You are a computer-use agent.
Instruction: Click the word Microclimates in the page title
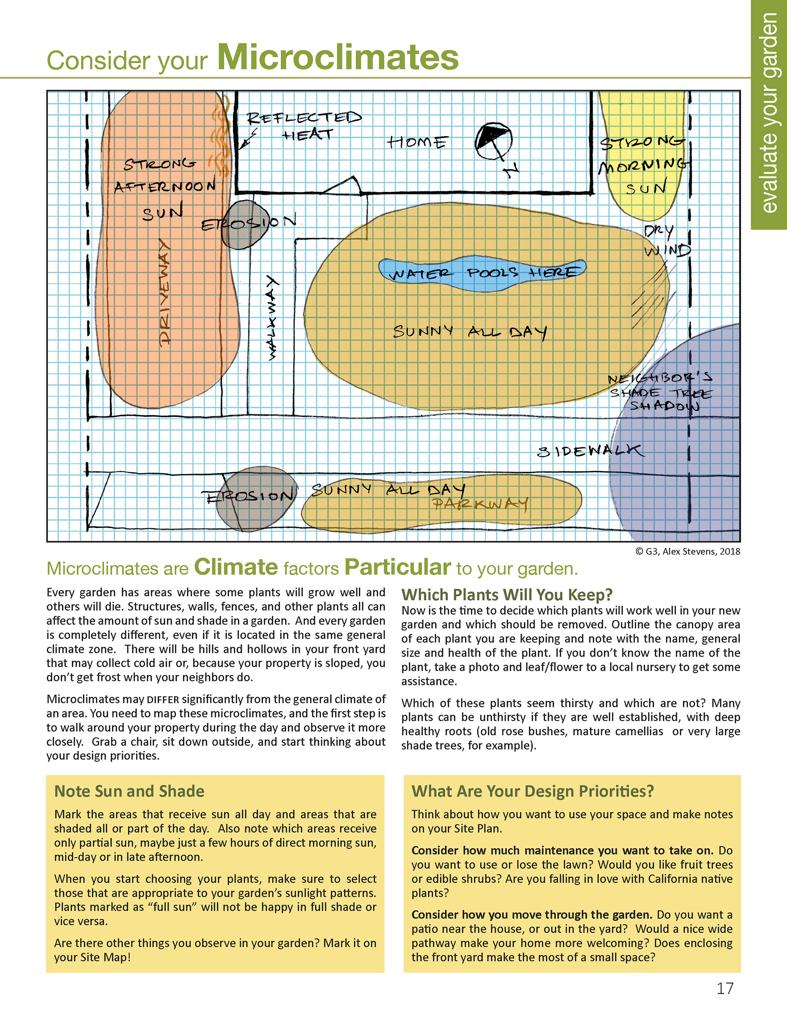pos(338,57)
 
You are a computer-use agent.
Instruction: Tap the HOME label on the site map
pos(416,142)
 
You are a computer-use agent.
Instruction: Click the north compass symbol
pos(494,141)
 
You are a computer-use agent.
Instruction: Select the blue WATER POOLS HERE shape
pos(482,274)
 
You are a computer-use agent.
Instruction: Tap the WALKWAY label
pos(272,317)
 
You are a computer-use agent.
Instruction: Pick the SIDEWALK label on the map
pos(591,451)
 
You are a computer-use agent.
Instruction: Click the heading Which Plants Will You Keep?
pos(507,595)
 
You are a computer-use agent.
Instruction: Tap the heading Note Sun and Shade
pos(129,791)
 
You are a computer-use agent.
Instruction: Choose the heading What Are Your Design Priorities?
pos(532,791)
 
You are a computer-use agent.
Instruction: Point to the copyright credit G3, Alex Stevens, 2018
pos(688,552)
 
